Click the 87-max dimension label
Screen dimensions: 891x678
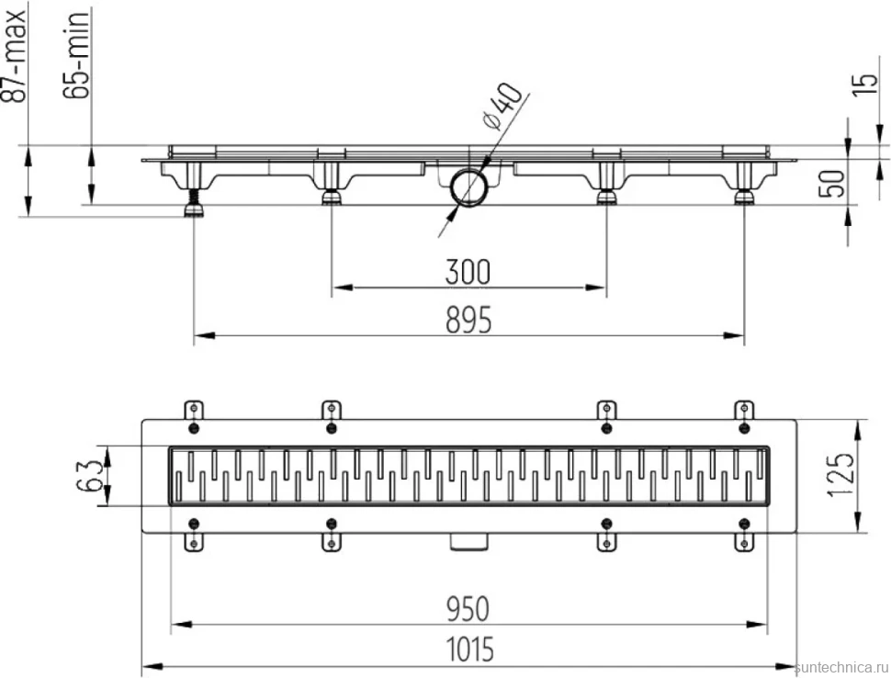pyautogui.click(x=16, y=54)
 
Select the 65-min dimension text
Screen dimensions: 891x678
pyautogui.click(x=75, y=56)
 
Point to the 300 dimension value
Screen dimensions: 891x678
pyautogui.click(x=468, y=272)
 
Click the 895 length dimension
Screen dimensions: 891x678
pyautogui.click(x=468, y=320)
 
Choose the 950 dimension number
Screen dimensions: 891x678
pyautogui.click(x=468, y=609)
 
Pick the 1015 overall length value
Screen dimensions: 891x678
pyautogui.click(x=469, y=650)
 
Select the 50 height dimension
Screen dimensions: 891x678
pyautogui.click(x=831, y=183)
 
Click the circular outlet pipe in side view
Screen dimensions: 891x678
pyautogui.click(x=468, y=187)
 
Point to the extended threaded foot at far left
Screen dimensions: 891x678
pyautogui.click(x=195, y=203)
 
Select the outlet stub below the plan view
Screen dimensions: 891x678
pyautogui.click(x=468, y=542)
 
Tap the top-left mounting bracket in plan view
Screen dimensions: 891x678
pyautogui.click(x=194, y=411)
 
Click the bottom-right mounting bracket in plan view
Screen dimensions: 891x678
pyautogui.click(x=744, y=542)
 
